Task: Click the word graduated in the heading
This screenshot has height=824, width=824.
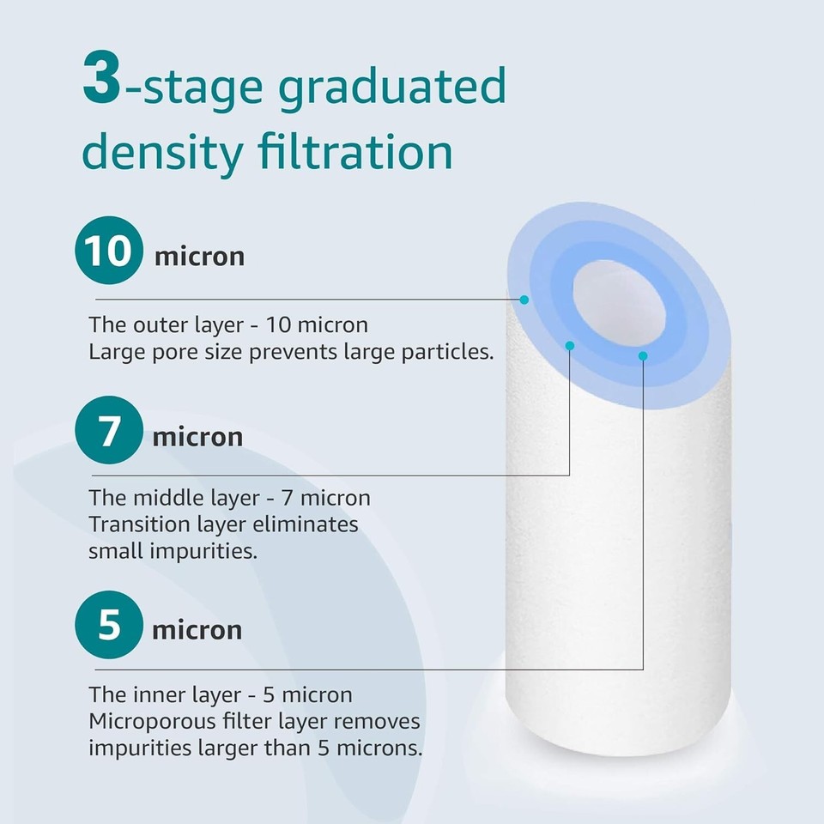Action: (x=392, y=88)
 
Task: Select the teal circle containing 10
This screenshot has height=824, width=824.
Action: (x=109, y=250)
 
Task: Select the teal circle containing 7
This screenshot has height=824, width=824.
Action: (x=109, y=430)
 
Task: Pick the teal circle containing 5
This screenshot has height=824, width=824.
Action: (x=109, y=624)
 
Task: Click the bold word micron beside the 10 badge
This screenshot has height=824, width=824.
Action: (x=200, y=257)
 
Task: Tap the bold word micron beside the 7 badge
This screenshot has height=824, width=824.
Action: (x=197, y=437)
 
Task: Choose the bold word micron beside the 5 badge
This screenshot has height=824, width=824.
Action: (x=197, y=630)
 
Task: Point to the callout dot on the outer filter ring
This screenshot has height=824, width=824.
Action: (x=524, y=300)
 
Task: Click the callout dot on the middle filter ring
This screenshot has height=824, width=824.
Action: (x=570, y=346)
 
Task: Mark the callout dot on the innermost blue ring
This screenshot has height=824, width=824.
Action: (x=643, y=356)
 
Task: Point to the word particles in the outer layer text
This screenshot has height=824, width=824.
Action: (x=448, y=352)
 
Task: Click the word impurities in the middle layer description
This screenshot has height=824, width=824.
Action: (x=203, y=552)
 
